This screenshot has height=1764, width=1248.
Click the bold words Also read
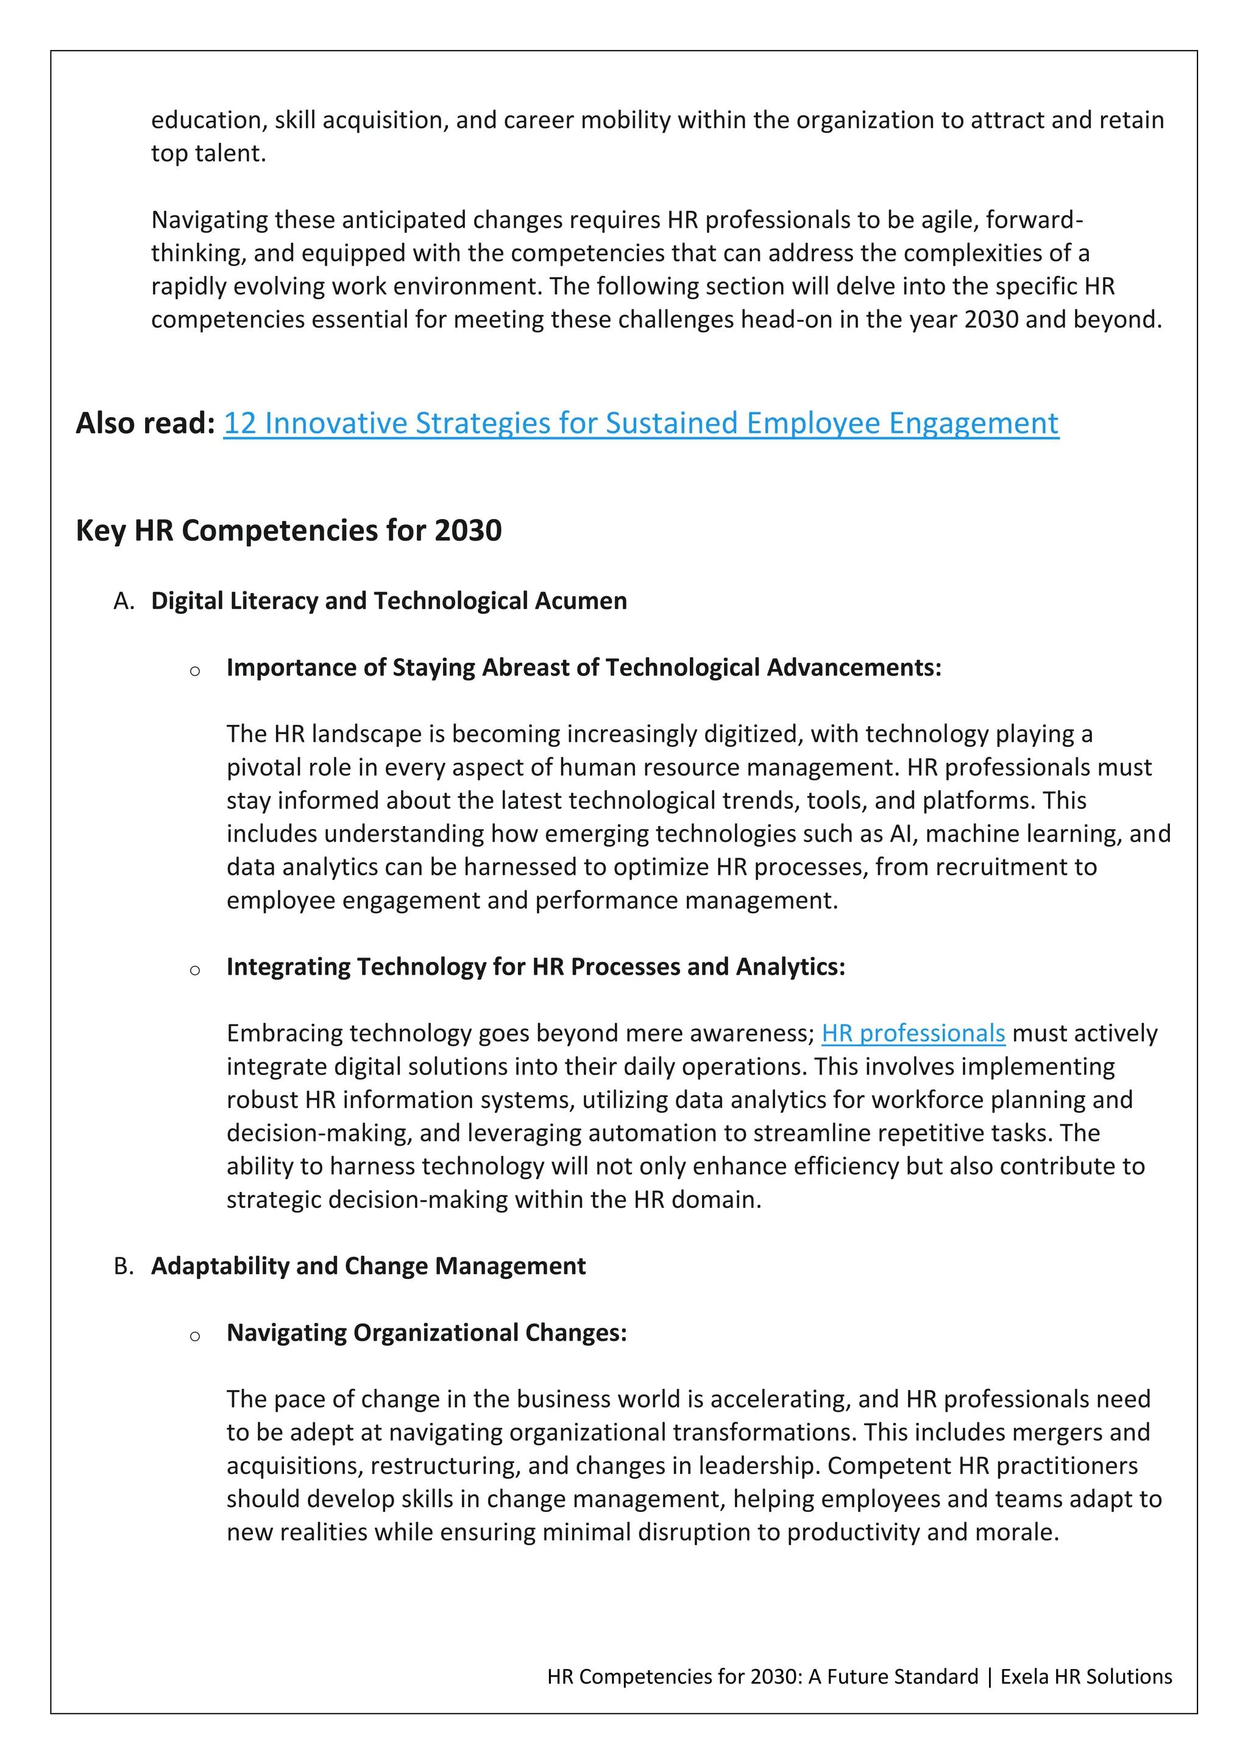click(144, 423)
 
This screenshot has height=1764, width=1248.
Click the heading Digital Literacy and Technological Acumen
click(389, 601)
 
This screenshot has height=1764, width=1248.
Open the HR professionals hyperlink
click(913, 1033)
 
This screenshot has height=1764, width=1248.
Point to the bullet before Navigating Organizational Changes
click(195, 1336)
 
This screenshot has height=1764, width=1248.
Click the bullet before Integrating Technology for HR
click(195, 970)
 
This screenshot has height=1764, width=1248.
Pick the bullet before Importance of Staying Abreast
click(195, 671)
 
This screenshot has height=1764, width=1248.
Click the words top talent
click(207, 153)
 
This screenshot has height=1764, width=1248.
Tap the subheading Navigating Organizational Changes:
click(427, 1332)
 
